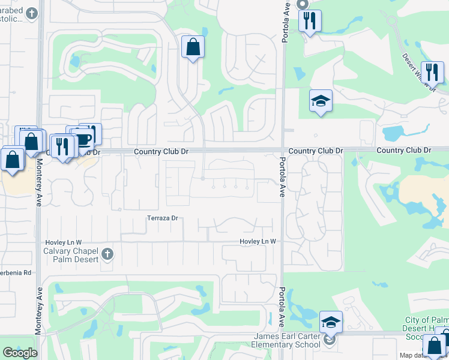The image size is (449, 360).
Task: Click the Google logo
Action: pyautogui.click(x=20, y=353)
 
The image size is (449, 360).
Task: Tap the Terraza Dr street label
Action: pyautogui.click(x=163, y=218)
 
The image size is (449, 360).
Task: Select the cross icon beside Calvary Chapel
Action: pyautogui.click(x=107, y=254)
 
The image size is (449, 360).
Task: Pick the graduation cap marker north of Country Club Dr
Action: pyautogui.click(x=321, y=101)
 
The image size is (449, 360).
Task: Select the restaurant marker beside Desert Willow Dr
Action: pyautogui.click(x=432, y=73)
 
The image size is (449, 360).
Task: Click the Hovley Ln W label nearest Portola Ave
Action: pyautogui.click(x=257, y=241)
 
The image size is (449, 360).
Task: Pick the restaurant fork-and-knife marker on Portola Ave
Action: pyautogui.click(x=310, y=22)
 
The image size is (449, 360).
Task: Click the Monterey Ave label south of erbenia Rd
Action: pyautogui.click(x=39, y=309)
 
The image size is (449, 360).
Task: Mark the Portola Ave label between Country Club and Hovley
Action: pyautogui.click(x=281, y=178)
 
